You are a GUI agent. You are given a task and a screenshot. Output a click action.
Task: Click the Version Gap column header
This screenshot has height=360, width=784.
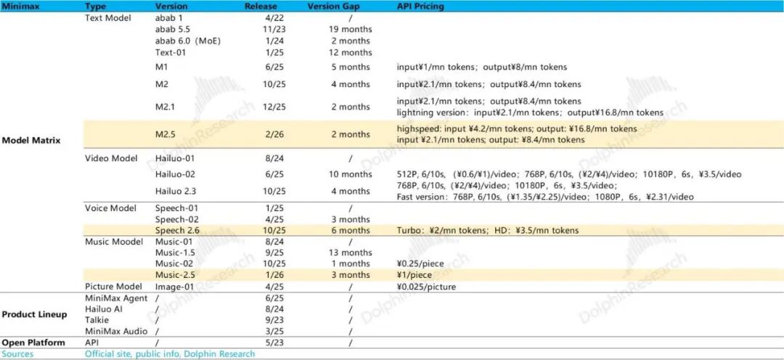pos(334,7)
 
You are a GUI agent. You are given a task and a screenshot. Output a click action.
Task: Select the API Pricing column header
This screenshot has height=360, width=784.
pos(420,7)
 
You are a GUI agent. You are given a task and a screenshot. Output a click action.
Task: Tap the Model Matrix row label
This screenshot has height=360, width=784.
pos(31,140)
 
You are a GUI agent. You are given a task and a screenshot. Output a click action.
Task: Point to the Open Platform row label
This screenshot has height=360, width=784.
pos(33,343)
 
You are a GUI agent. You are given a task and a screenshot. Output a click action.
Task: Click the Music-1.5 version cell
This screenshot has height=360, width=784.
pos(173,253)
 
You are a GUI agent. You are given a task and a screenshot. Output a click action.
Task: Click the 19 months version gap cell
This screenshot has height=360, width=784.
pos(351,30)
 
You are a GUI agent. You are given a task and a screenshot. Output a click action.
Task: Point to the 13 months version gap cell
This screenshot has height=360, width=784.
pos(351,253)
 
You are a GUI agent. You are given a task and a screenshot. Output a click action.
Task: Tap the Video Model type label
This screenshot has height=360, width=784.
pos(111,158)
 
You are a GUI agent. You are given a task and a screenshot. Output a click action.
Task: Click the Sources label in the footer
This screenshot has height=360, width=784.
pos(17,354)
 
